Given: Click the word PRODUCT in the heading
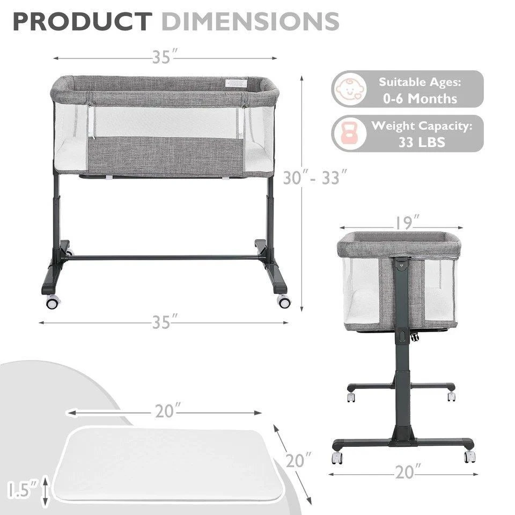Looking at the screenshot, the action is pyautogui.click(x=83, y=21).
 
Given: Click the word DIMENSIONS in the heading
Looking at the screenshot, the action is pyautogui.click(x=251, y=21).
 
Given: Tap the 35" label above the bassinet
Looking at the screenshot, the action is pyautogui.click(x=165, y=57).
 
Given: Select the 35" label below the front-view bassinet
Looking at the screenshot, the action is pyautogui.click(x=165, y=322).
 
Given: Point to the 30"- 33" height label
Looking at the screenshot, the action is pyautogui.click(x=315, y=178).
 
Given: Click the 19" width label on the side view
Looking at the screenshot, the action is pyautogui.click(x=407, y=223).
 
